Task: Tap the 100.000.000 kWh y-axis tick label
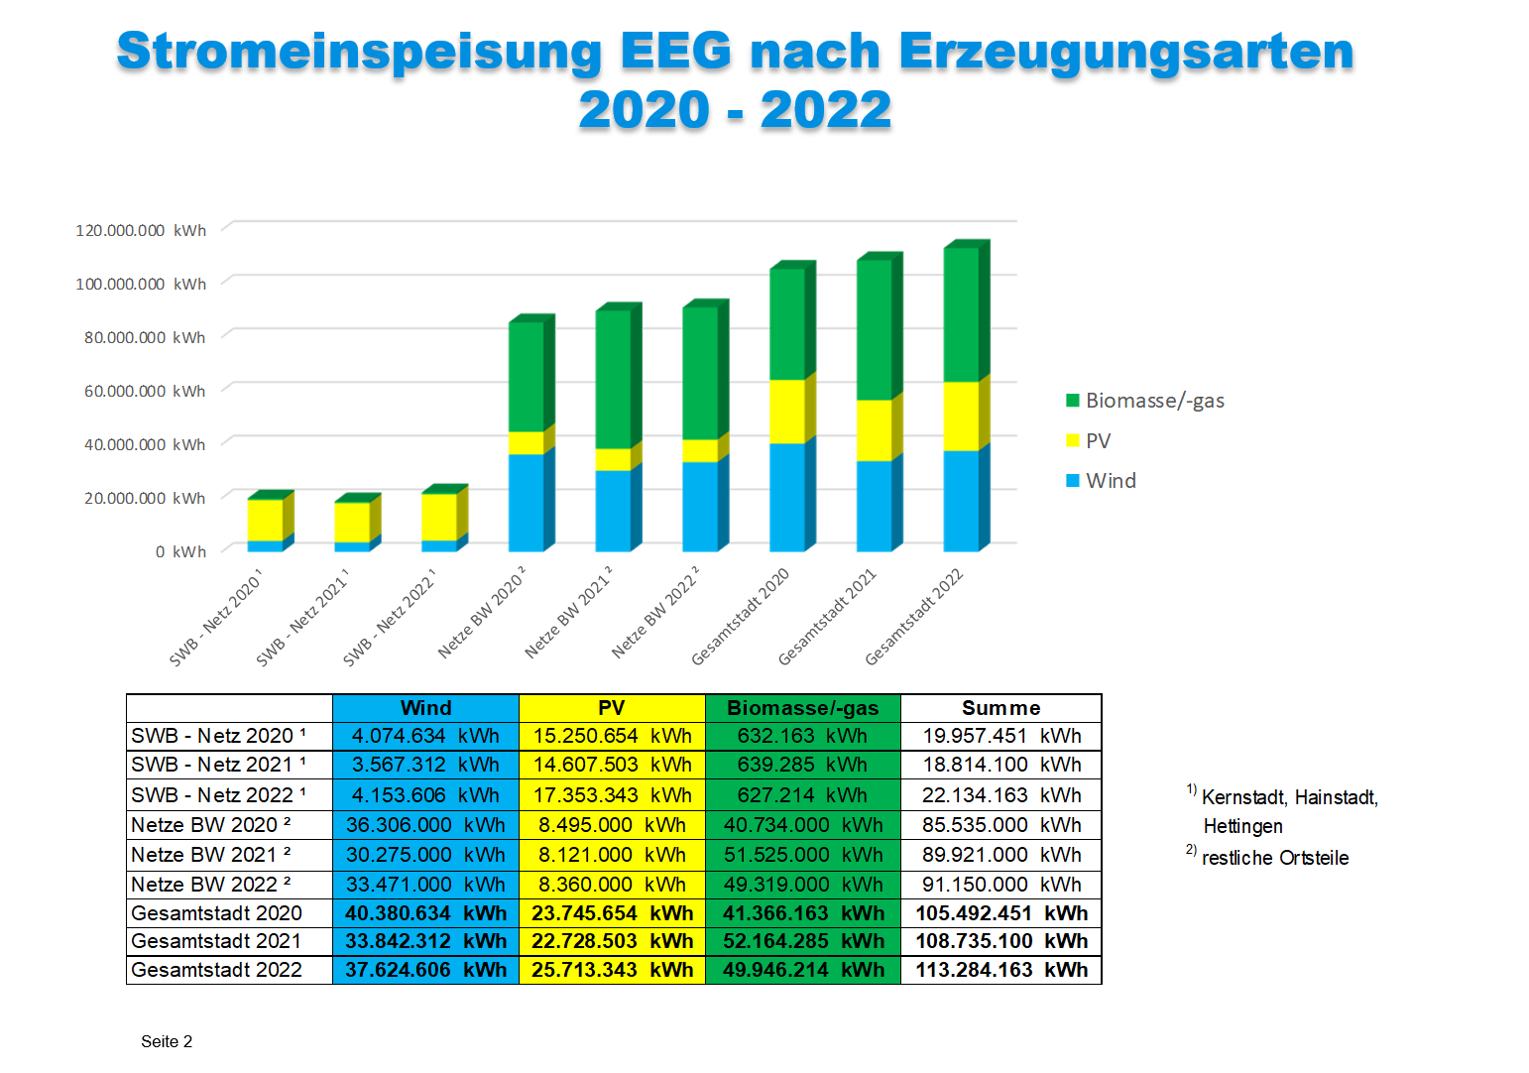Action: point(141,284)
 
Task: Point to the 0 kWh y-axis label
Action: point(180,551)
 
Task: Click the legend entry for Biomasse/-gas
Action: point(1154,401)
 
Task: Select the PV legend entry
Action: point(1098,441)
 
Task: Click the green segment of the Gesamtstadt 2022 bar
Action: point(961,313)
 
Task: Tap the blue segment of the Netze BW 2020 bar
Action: point(526,502)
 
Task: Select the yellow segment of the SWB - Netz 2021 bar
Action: point(352,522)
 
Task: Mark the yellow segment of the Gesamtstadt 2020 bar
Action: point(787,411)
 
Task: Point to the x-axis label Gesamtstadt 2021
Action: point(827,617)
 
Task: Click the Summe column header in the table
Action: point(1000,708)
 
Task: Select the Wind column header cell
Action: point(425,708)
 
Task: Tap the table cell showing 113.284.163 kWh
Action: point(1000,970)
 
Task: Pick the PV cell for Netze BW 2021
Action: point(612,855)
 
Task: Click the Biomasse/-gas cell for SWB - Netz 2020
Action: point(802,736)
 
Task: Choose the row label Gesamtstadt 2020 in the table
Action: point(216,913)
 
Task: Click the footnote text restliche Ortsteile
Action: point(1275,858)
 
